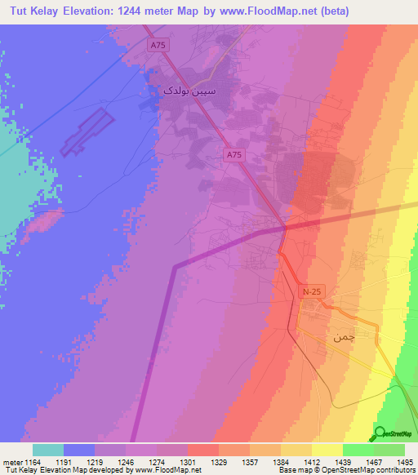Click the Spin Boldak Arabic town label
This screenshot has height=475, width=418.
click(176, 92)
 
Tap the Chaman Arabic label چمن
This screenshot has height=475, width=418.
click(344, 336)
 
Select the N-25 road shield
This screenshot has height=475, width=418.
click(312, 291)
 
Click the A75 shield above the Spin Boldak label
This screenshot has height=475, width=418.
click(158, 47)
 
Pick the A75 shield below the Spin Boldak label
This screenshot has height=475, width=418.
click(234, 153)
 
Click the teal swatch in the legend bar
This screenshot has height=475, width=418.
click(48, 450)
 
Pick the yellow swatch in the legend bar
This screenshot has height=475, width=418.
click(327, 450)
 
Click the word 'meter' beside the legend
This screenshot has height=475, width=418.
click(11, 461)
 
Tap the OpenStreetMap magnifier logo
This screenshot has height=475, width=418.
click(380, 433)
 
